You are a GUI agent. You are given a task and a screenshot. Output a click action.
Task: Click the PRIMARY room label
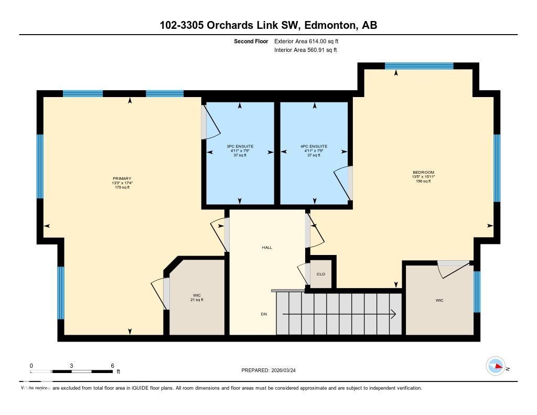tap(122, 178)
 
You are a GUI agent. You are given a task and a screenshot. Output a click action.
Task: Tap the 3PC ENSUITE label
tap(240, 146)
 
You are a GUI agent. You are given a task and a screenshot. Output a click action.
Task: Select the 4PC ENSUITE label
tap(314, 146)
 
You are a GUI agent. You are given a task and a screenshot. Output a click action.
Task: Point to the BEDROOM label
tap(423, 172)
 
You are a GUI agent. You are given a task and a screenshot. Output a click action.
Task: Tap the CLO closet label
tap(320, 274)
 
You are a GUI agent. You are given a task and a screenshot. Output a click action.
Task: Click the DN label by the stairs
tap(264, 314)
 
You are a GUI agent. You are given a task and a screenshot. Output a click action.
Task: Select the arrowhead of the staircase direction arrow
tap(393, 314)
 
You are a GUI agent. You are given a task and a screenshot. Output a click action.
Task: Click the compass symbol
tap(496, 366)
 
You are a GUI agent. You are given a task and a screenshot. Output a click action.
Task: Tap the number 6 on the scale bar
tap(112, 366)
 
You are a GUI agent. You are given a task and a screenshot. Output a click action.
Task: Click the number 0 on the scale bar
tap(31, 366)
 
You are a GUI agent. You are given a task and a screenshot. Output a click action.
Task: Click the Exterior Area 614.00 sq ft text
tap(310, 41)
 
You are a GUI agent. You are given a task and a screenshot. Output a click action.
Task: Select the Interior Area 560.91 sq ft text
tap(305, 50)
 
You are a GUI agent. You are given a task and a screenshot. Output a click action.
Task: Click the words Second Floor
tap(251, 41)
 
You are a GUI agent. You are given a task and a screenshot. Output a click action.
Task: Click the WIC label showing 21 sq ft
tap(197, 297)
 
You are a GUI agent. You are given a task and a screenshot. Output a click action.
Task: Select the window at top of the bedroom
tap(418, 66)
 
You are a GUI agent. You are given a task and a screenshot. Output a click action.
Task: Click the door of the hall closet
tap(303, 273)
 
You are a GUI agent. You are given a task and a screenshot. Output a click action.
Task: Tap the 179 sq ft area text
tap(122, 187)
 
